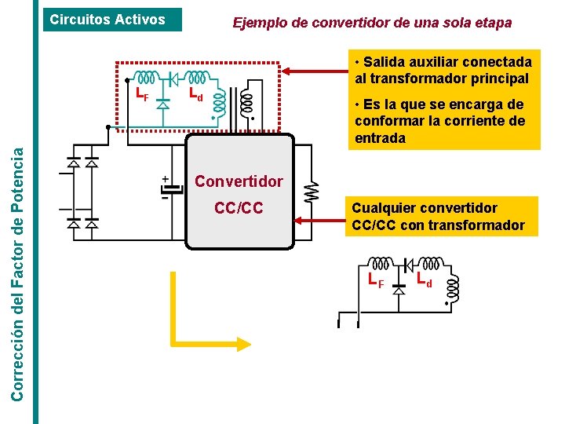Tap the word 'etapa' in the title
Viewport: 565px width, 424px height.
pos(493,23)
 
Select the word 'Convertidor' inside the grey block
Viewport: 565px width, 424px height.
pos(239,181)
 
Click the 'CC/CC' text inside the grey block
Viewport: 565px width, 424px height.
pos(239,209)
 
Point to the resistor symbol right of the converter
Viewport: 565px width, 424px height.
pos(312,192)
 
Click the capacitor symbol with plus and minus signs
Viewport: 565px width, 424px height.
pos(166,188)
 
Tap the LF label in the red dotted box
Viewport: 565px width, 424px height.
pos(142,96)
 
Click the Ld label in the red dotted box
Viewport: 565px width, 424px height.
pos(196,95)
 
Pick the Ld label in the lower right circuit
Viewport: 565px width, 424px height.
pos(425,278)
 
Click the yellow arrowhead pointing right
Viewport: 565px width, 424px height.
pos(241,342)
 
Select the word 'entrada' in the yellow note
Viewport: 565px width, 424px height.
pos(381,138)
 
